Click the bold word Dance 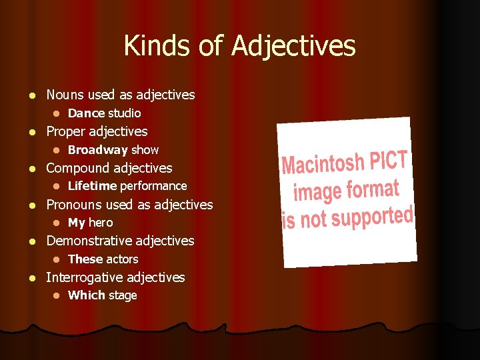[x=86, y=113]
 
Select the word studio [x=124, y=113]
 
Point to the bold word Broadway [x=98, y=150]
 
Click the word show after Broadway [x=145, y=150]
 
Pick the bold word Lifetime [x=93, y=186]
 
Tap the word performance [x=153, y=186]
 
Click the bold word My [x=77, y=223]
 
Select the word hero [x=101, y=223]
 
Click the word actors [x=122, y=259]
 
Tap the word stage [x=123, y=295]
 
